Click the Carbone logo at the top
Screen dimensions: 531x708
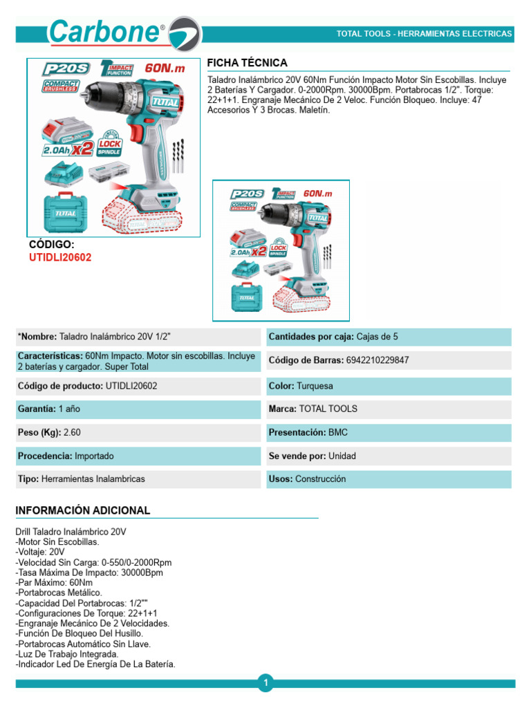tap(124, 32)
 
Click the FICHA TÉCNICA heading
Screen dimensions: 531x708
tap(247, 63)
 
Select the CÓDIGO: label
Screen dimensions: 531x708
tap(51, 245)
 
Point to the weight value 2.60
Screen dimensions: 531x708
tap(72, 432)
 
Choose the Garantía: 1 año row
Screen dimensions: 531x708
tap(138, 409)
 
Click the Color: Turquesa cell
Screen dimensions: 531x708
tap(389, 386)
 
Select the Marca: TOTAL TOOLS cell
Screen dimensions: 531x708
tap(389, 409)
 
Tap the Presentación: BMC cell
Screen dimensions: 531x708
tap(389, 432)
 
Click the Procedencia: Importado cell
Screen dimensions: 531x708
tap(138, 456)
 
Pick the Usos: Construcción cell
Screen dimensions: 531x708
tap(389, 478)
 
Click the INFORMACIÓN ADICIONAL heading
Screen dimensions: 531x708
tap(82, 510)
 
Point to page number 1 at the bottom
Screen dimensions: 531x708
tap(265, 683)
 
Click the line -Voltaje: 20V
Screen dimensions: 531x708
tap(40, 552)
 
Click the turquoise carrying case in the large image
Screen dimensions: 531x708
tap(66, 212)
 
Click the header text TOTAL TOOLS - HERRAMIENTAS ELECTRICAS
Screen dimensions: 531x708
tap(424, 33)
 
